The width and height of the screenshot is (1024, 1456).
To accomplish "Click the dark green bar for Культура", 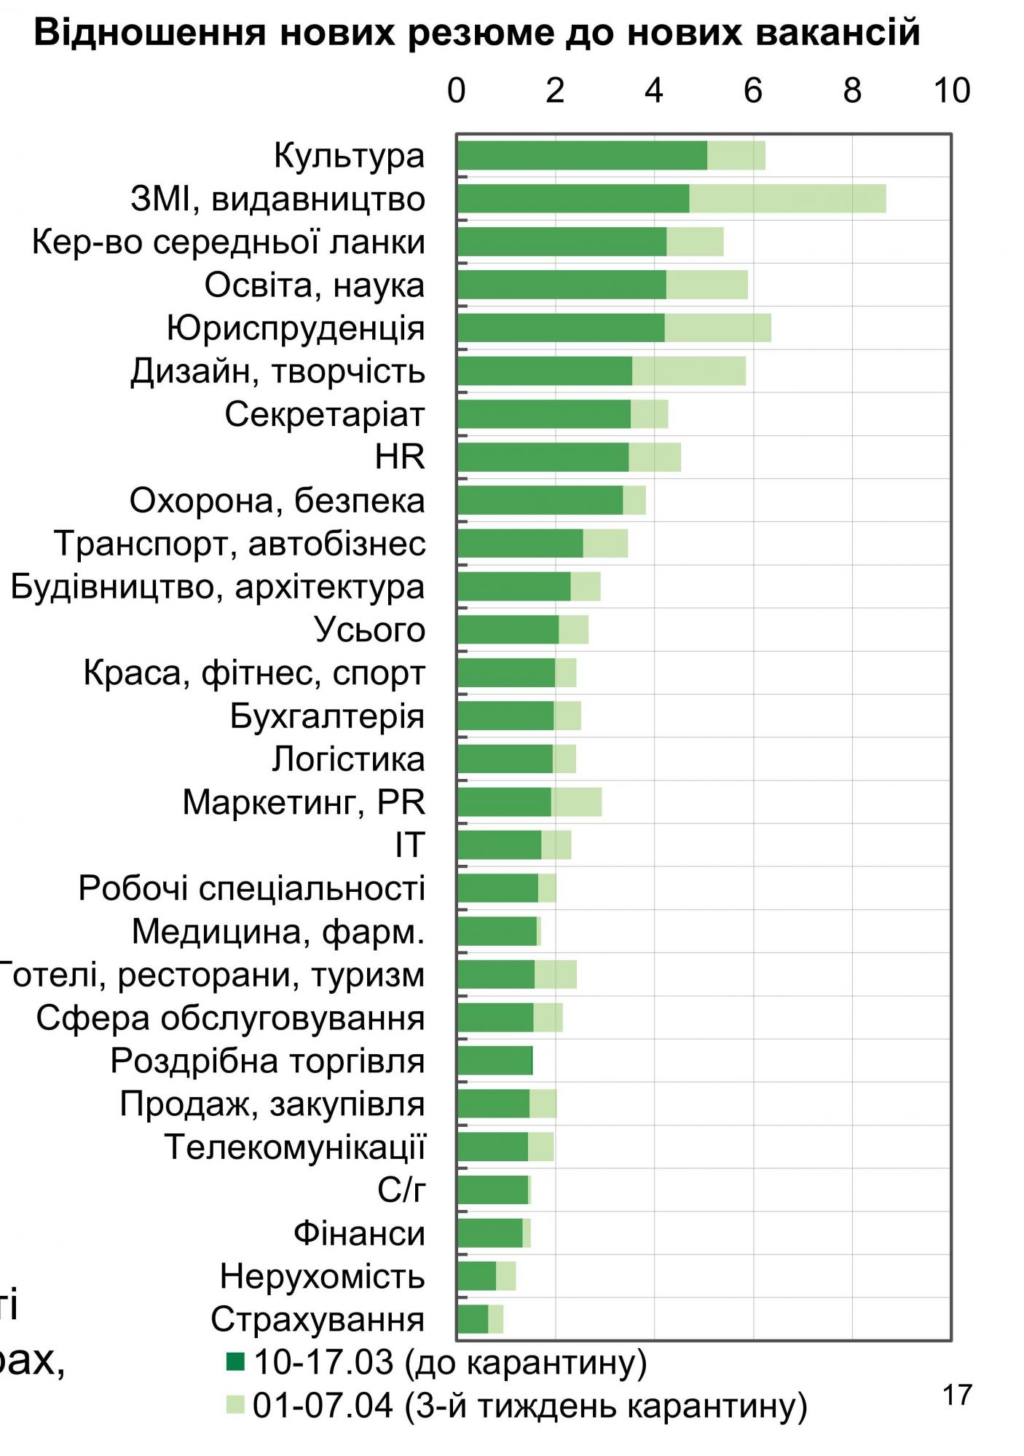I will (x=582, y=156).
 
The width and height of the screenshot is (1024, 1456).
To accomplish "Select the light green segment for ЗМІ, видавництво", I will (x=787, y=199).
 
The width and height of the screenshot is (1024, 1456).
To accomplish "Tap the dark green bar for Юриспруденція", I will (x=561, y=328).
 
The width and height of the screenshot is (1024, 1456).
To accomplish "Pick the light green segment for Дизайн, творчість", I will (x=688, y=371).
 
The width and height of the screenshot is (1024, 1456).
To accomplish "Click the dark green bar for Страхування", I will (x=473, y=1319).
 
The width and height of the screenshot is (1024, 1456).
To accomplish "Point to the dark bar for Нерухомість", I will (x=476, y=1276).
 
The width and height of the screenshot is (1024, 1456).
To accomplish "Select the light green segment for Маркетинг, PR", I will (x=576, y=802).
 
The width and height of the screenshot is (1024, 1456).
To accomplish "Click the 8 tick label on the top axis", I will (x=851, y=91).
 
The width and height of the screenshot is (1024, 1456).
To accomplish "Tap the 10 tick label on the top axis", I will (x=951, y=91).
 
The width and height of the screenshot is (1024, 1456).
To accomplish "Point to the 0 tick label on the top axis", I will (x=457, y=91).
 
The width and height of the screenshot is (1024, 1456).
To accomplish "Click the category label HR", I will (x=400, y=457).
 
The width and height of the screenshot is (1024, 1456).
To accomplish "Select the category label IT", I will (x=409, y=845).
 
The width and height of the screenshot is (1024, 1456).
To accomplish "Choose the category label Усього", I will (x=370, y=630).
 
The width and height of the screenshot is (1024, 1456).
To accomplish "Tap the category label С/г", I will (x=401, y=1190).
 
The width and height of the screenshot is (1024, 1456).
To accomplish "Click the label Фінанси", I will (x=359, y=1233).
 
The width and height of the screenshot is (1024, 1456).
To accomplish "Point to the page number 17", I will (x=957, y=1396).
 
